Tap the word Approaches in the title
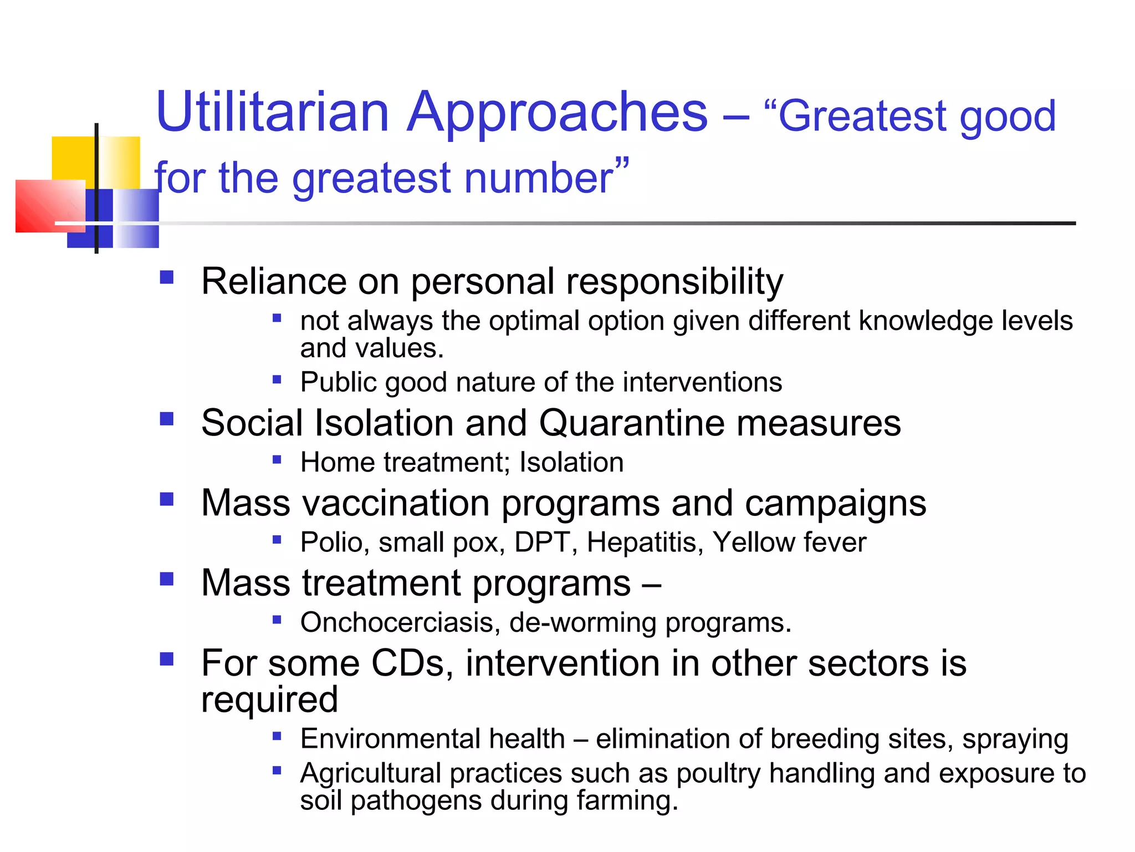point(556,114)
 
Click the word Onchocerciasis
point(396,622)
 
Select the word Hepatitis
point(645,542)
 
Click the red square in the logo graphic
point(44,206)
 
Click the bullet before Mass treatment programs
point(166,579)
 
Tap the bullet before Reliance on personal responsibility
point(166,277)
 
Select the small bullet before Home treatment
point(277,459)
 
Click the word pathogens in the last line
point(416,800)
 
